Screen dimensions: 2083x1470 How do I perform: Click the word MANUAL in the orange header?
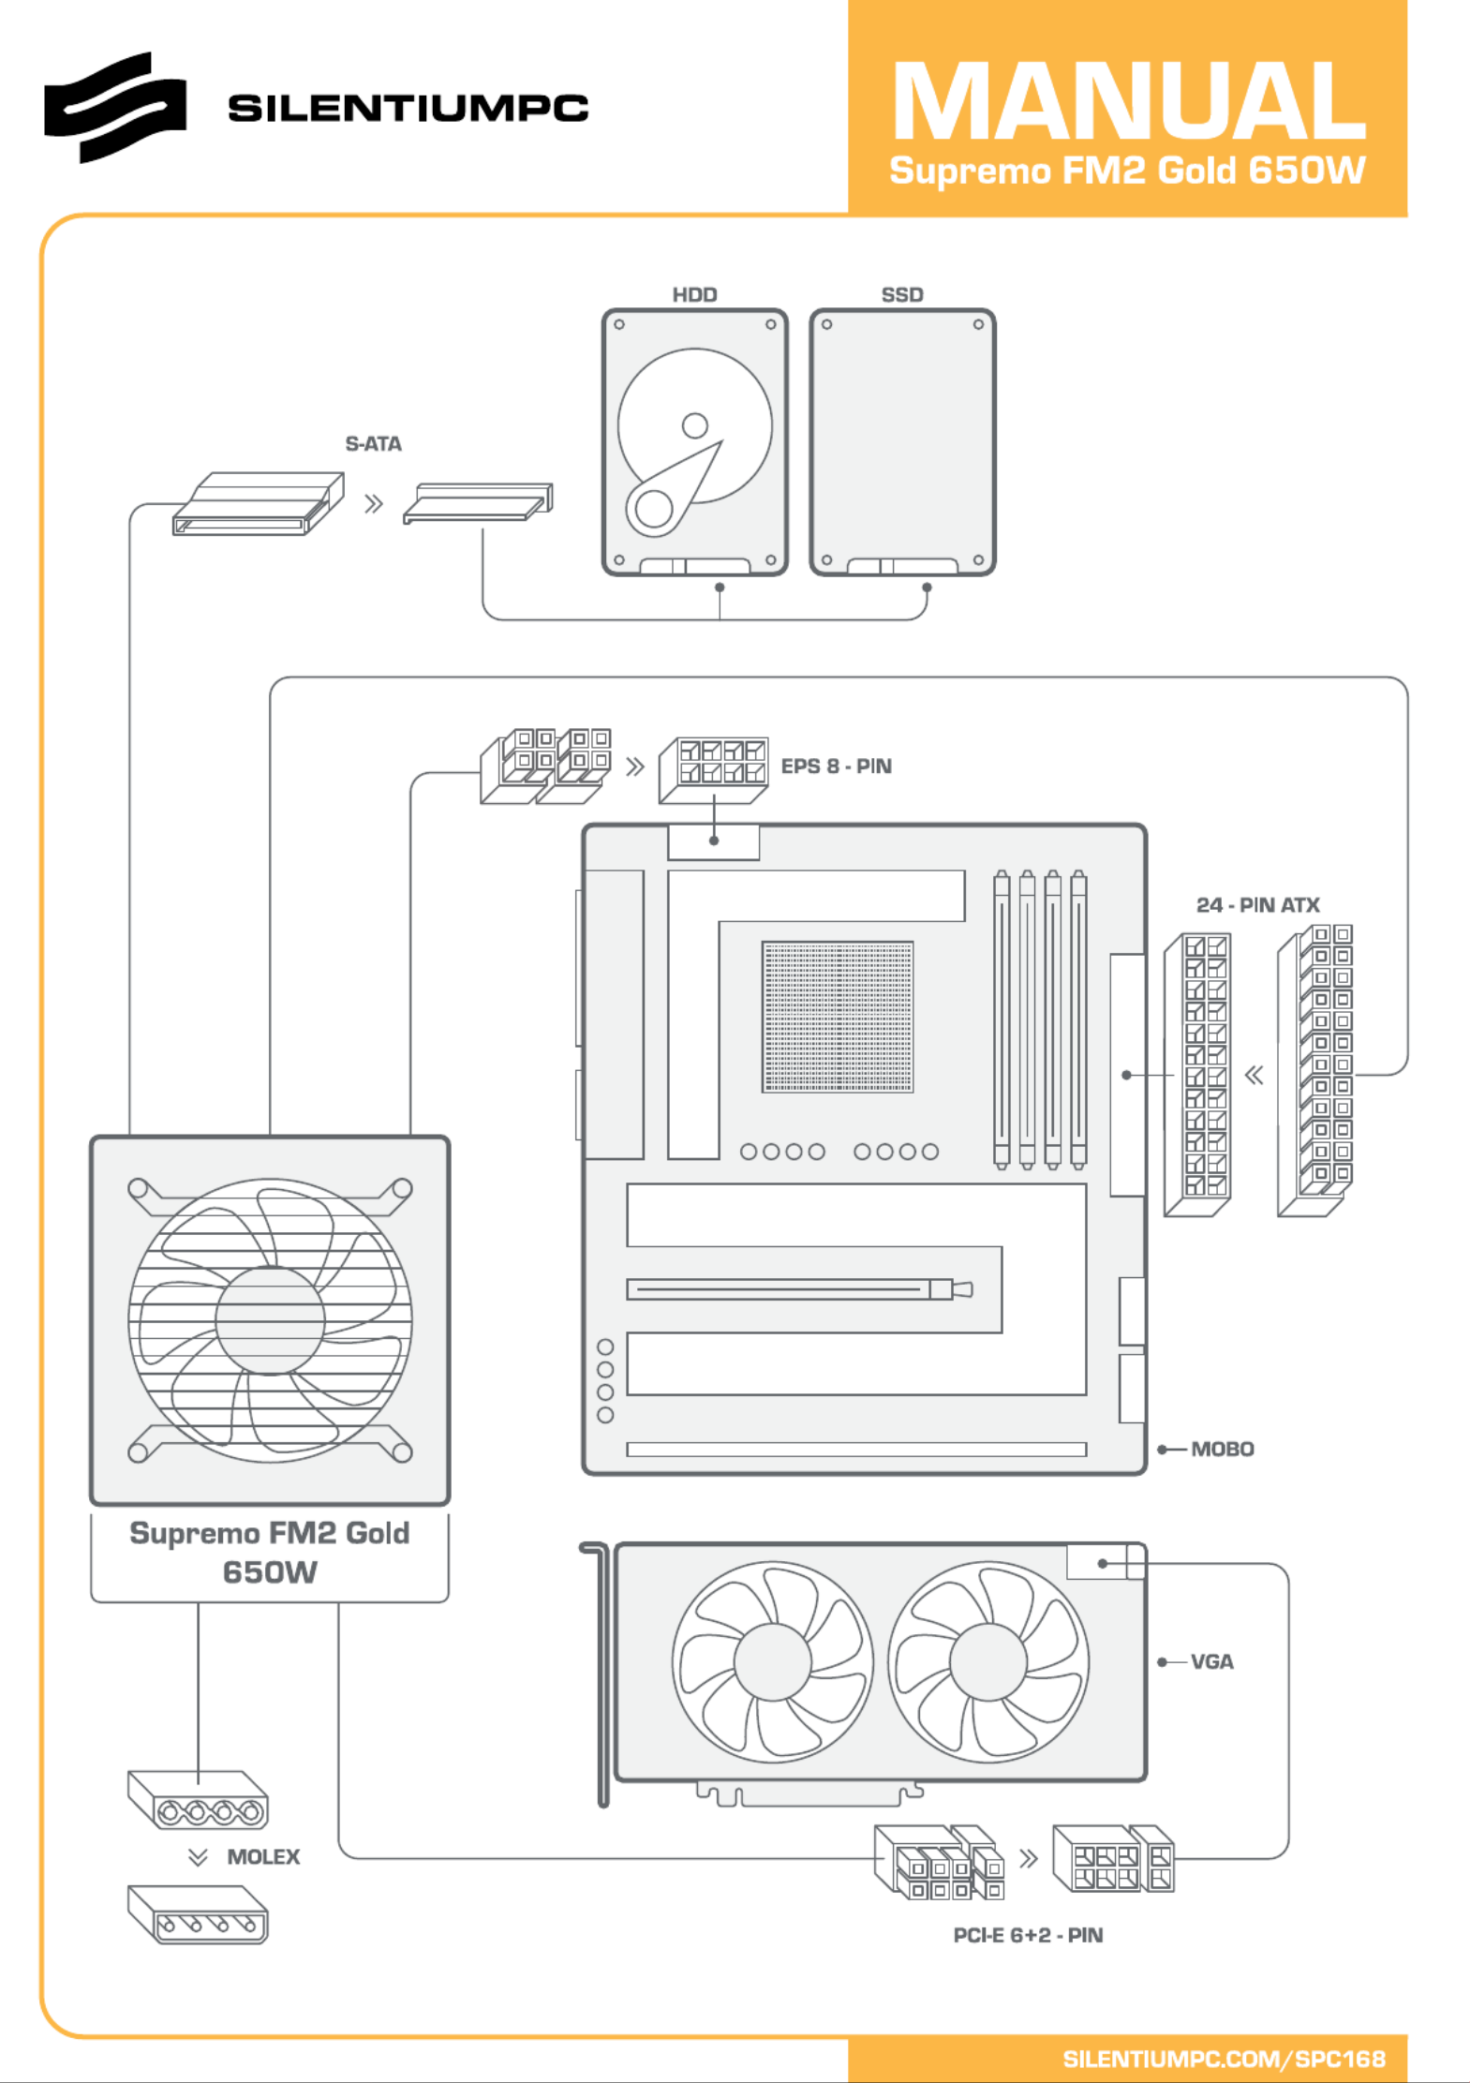1128,101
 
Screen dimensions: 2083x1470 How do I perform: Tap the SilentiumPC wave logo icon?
114,107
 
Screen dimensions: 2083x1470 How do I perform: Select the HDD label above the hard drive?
694,295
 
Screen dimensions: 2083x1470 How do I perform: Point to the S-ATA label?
373,444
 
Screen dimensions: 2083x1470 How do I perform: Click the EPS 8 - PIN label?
836,766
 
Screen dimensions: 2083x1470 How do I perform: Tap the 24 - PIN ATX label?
1257,905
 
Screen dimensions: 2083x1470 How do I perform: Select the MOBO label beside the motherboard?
1222,1450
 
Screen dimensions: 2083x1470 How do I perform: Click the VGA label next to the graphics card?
1211,1662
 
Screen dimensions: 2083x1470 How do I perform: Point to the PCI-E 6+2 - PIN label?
1028,1935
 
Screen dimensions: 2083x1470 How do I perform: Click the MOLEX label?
263,1857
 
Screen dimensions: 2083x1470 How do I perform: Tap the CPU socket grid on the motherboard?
837,1017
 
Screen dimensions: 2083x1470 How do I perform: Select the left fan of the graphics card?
772,1661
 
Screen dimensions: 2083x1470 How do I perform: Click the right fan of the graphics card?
987,1661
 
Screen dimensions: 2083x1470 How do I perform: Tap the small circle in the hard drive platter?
694,425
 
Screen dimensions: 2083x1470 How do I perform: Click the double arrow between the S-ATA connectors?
374,504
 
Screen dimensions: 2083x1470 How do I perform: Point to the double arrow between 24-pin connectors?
1254,1075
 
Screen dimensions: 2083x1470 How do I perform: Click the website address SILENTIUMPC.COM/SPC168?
1223,2059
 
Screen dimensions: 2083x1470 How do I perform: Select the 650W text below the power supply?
270,1572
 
